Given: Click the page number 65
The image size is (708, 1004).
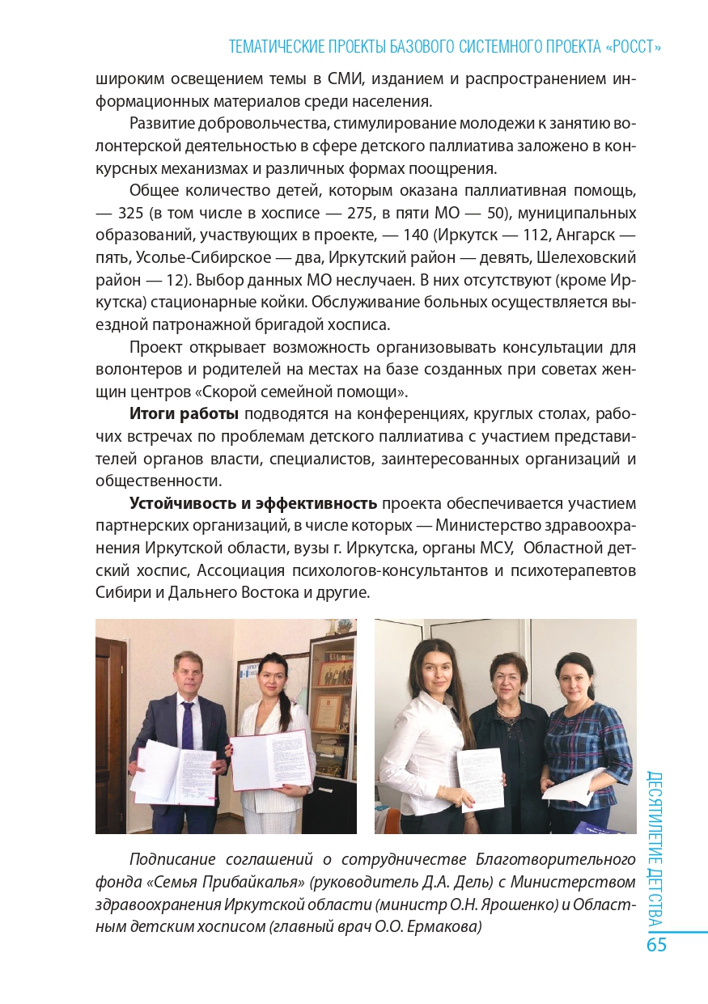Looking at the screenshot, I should [656, 945].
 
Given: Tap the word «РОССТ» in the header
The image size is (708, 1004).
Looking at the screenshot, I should [634, 47].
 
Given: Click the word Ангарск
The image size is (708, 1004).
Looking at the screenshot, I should [594, 235].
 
